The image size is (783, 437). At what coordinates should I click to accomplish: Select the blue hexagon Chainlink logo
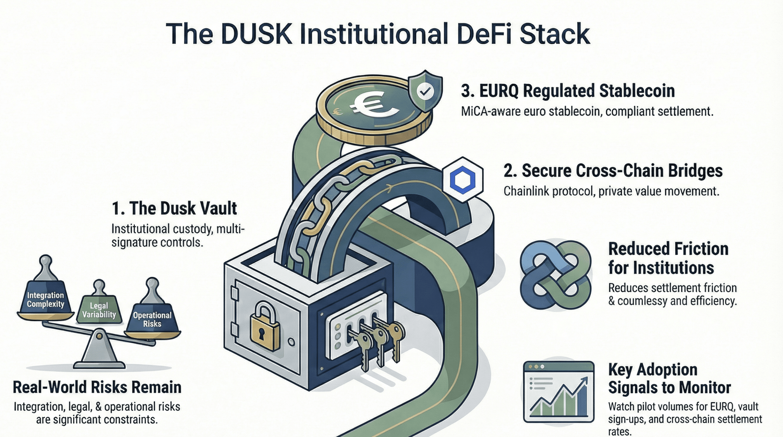pyautogui.click(x=463, y=180)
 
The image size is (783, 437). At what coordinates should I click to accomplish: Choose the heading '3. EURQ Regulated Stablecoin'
pyautogui.click(x=568, y=91)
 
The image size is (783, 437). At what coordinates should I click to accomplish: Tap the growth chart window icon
pyautogui.click(x=559, y=392)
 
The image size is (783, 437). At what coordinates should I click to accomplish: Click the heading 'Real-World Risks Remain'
pyautogui.click(x=97, y=387)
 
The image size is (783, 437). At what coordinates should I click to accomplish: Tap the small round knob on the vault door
pyautogui.click(x=291, y=343)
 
